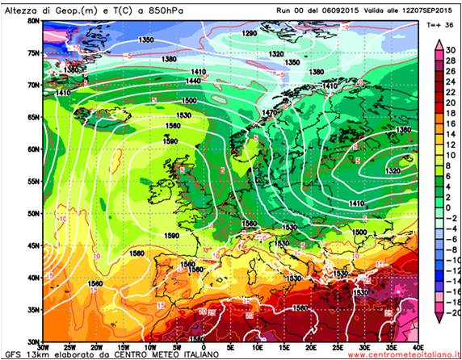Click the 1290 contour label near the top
pos(250,33)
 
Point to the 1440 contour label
pos(193,82)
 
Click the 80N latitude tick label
pos(32,20)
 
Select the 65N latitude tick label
pos(32,116)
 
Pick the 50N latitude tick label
pos(32,213)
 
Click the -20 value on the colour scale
pos(452,312)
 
